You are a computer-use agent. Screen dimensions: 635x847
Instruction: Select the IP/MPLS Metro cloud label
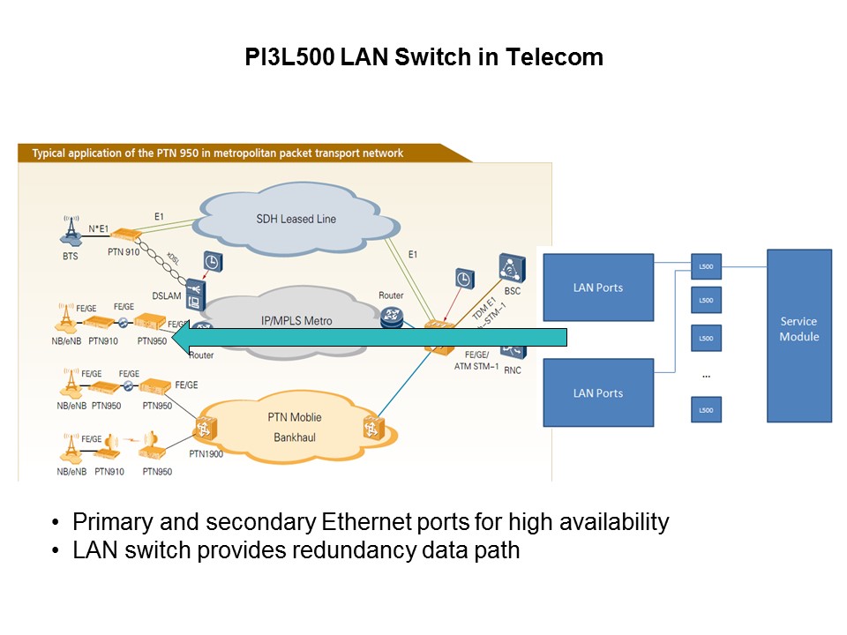pyautogui.click(x=294, y=320)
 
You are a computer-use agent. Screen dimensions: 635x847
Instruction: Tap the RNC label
pyautogui.click(x=513, y=370)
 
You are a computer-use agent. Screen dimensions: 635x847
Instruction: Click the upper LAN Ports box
pyautogui.click(x=598, y=288)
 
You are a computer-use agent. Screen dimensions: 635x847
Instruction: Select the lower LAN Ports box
pyautogui.click(x=598, y=392)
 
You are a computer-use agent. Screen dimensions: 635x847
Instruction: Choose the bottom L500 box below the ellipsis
pyautogui.click(x=706, y=410)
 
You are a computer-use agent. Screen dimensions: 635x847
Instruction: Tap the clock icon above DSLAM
pyautogui.click(x=212, y=262)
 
